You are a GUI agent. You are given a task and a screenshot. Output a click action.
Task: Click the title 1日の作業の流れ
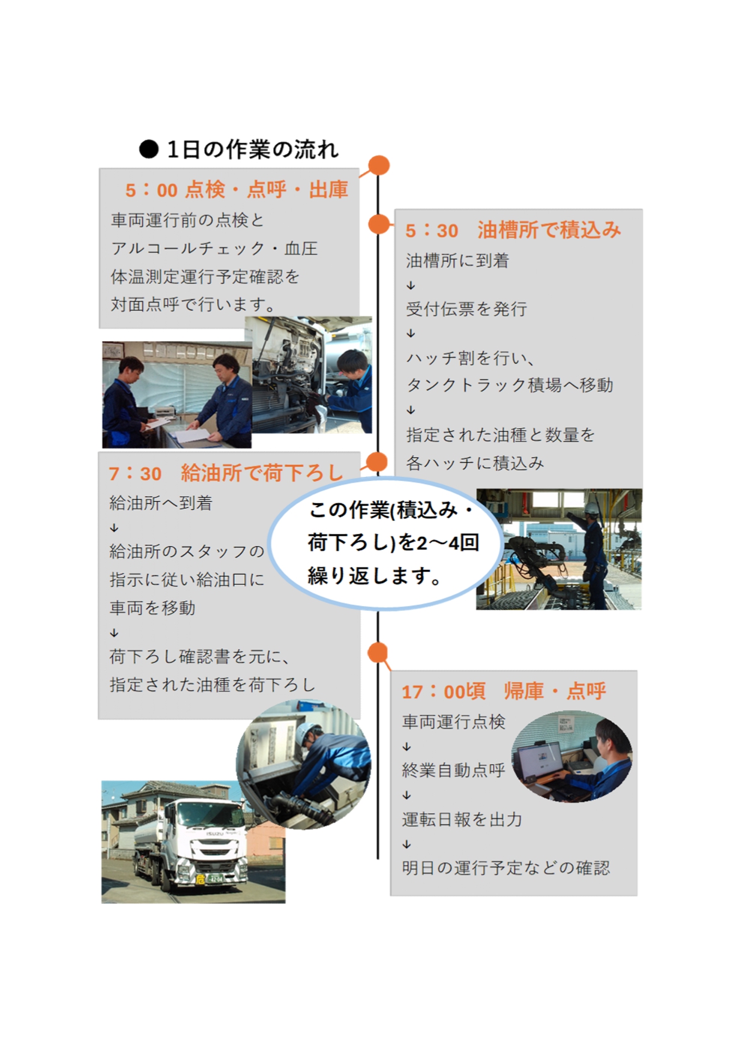(253, 150)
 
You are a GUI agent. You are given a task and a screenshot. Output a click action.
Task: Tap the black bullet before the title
(148, 150)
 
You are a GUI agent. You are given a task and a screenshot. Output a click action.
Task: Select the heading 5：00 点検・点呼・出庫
(237, 190)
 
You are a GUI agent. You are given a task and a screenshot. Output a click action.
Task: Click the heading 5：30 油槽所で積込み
(513, 230)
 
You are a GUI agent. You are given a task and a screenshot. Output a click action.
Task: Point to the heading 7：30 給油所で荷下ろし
(226, 473)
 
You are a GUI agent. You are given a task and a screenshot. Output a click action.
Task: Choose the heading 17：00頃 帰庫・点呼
(504, 691)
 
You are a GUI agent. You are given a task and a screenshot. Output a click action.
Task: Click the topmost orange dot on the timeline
(379, 165)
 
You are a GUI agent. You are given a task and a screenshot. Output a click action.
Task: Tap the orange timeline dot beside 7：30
(376, 462)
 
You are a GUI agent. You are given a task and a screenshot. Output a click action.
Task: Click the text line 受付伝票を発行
(466, 309)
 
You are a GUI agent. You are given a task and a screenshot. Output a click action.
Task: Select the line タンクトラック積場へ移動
(510, 385)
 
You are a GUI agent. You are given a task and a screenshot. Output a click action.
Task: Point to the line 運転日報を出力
(462, 820)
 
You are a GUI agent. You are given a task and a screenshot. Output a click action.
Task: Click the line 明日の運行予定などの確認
(505, 868)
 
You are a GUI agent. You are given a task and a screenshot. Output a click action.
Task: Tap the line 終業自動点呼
(453, 771)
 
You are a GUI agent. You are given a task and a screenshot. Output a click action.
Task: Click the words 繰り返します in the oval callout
(375, 577)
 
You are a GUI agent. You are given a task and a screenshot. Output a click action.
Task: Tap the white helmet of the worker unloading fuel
(308, 731)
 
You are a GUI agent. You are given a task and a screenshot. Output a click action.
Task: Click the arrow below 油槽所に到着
(411, 285)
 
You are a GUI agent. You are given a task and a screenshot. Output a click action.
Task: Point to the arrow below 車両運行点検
(406, 747)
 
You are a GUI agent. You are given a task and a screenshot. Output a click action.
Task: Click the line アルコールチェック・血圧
(214, 249)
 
